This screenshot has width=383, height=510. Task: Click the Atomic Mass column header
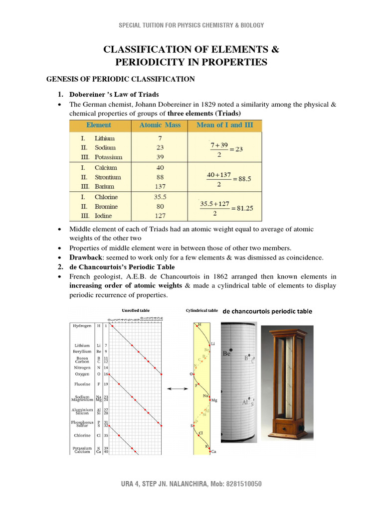pos(160,125)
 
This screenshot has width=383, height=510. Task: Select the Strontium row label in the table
pos(107,177)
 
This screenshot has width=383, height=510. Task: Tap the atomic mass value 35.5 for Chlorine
pos(160,197)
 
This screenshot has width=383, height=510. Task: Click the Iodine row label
pos(103,216)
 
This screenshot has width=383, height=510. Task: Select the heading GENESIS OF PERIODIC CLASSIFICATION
pos(120,79)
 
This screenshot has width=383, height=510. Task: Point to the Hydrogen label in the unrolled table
pos(82,325)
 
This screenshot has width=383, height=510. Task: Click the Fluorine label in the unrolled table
pos(82,384)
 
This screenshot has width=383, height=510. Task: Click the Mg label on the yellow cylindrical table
pos(214,400)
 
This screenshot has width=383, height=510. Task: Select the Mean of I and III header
pos(224,125)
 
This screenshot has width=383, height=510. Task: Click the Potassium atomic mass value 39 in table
pos(160,156)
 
